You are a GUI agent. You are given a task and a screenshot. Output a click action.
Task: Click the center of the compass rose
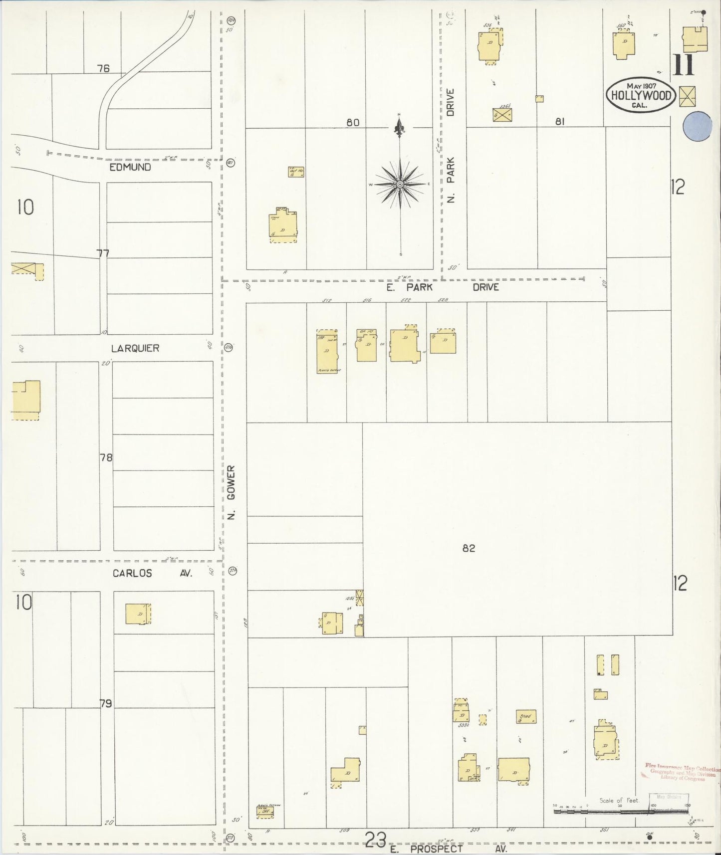point(400,185)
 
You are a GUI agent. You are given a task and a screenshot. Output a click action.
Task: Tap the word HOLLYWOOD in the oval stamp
point(641,95)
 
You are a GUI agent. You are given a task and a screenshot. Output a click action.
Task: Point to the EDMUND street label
point(130,168)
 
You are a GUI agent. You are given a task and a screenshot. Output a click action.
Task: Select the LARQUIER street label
point(135,348)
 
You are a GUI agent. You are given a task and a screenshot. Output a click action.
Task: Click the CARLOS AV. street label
point(152,573)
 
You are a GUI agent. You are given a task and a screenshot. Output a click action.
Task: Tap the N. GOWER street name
point(231,492)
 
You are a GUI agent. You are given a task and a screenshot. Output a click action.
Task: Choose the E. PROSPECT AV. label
point(448,849)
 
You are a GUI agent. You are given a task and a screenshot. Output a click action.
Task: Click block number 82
point(469,548)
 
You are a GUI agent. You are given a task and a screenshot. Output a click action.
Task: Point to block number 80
point(353,122)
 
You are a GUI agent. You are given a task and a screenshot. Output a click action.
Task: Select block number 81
point(559,121)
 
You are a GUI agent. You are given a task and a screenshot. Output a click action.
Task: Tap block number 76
point(103,68)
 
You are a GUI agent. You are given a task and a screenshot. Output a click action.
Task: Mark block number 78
point(106,457)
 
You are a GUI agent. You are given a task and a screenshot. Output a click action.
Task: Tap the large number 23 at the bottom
point(375,839)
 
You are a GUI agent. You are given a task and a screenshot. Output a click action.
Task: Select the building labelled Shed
point(526,717)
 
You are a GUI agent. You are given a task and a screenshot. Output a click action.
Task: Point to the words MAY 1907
point(641,85)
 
